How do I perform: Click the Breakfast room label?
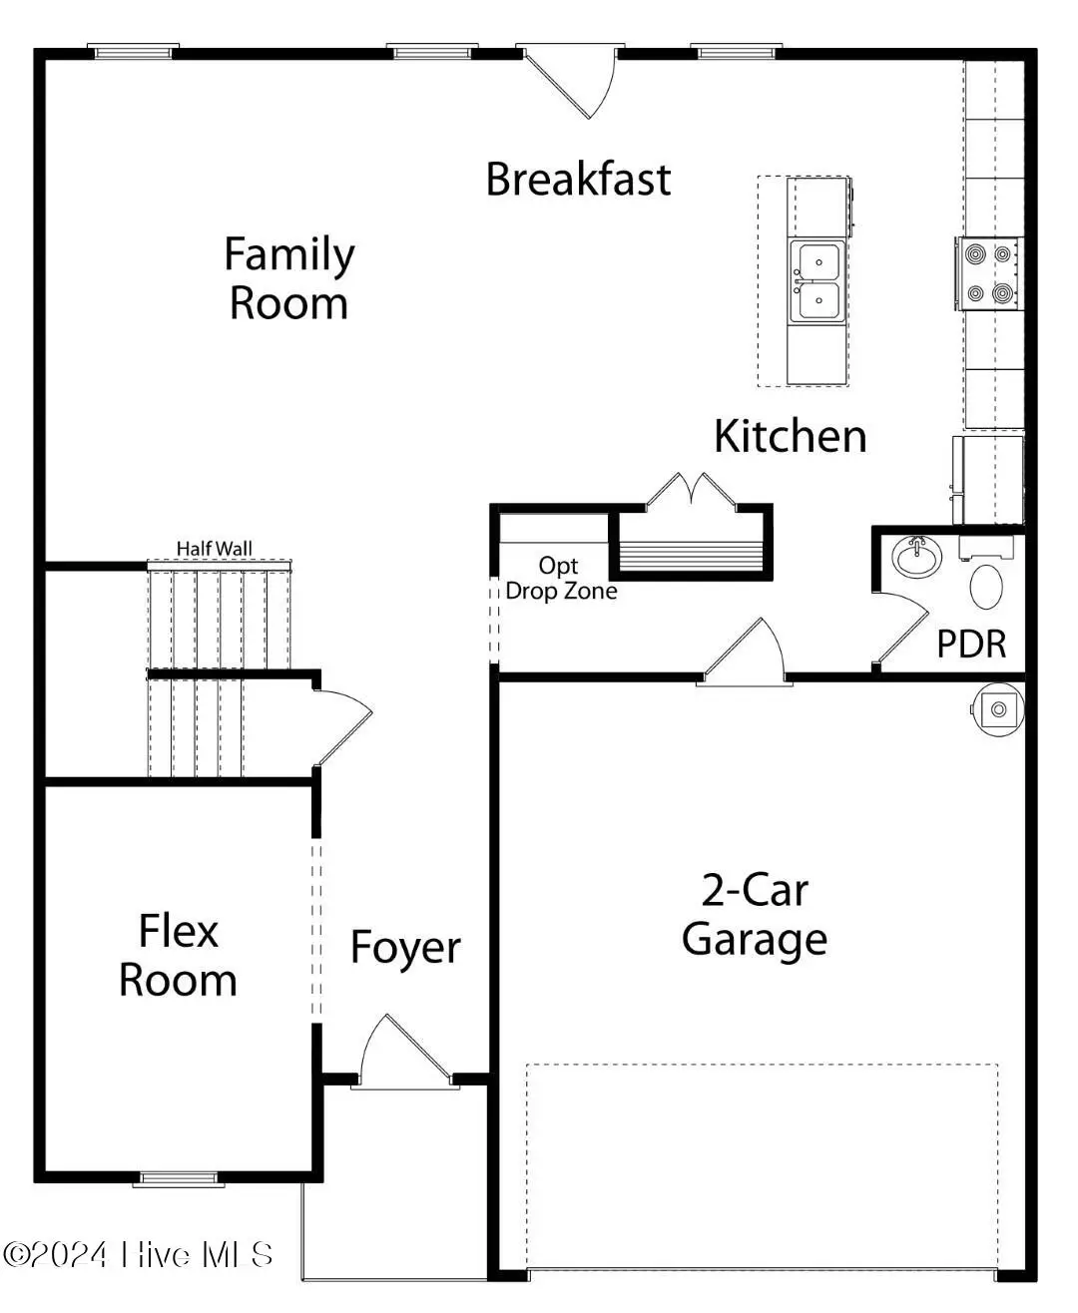click(578, 180)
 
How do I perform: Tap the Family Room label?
click(288, 278)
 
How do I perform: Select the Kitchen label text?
click(790, 437)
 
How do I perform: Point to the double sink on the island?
click(817, 281)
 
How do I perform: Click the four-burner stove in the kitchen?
click(989, 273)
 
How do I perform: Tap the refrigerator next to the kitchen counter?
click(988, 479)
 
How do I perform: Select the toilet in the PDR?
click(987, 587)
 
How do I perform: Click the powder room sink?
click(915, 556)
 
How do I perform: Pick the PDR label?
click(970, 645)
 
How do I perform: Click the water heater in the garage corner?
click(997, 709)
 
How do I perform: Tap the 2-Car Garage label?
click(755, 915)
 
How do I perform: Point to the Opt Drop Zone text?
click(560, 579)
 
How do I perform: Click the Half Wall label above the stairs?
click(215, 548)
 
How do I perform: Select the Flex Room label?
click(178, 956)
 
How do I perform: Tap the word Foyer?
click(405, 948)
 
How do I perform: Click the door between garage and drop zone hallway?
click(744, 654)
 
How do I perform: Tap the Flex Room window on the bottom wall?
click(179, 1178)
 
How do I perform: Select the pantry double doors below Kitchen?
click(691, 492)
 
